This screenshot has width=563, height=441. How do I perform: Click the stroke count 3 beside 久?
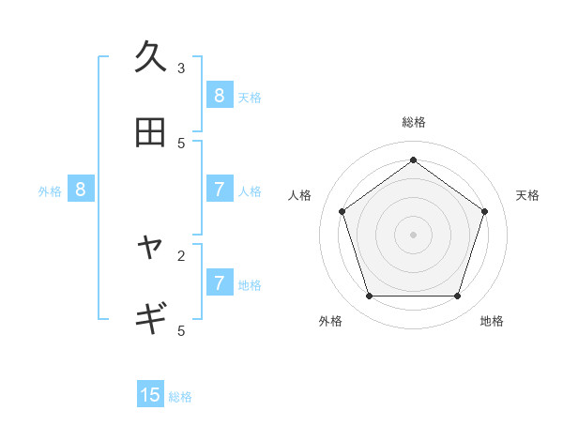pyautogui.click(x=181, y=68)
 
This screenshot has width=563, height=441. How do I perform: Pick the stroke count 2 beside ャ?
pyautogui.click(x=181, y=254)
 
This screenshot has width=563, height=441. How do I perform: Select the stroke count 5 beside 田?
pyautogui.click(x=181, y=143)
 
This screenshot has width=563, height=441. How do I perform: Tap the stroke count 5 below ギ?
pyautogui.click(x=181, y=330)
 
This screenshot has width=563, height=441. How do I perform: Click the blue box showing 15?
pyautogui.click(x=150, y=395)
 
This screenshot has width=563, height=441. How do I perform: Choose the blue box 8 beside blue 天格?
pyautogui.click(x=219, y=95)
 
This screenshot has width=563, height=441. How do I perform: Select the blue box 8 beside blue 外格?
pyautogui.click(x=81, y=190)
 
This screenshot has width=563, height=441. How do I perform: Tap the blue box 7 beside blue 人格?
pyautogui.click(x=219, y=190)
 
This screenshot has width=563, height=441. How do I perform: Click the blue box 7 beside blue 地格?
pyautogui.click(x=219, y=282)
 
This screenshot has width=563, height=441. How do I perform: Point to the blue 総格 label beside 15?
pyautogui.click(x=180, y=397)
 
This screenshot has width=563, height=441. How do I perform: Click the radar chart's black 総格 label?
pyautogui.click(x=413, y=122)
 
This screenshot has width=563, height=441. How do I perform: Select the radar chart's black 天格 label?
pyautogui.click(x=527, y=195)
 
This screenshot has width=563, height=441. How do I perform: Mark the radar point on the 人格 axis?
pyautogui.click(x=342, y=211)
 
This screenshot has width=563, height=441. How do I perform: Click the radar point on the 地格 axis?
pyautogui.click(x=457, y=297)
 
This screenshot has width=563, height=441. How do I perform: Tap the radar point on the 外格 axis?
pyautogui.click(x=369, y=297)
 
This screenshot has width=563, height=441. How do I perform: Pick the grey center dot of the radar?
pyautogui.click(x=413, y=234)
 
